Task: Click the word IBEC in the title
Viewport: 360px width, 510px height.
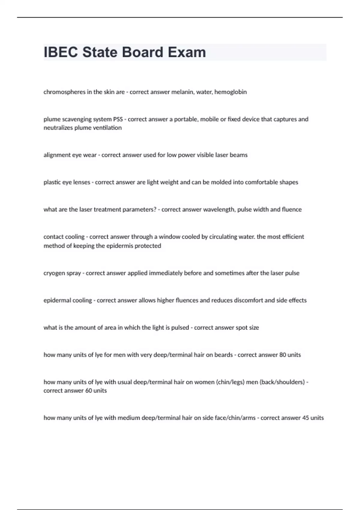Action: tap(61, 52)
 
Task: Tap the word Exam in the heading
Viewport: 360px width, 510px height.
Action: tap(187, 52)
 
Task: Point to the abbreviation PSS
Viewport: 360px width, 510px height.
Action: tap(118, 119)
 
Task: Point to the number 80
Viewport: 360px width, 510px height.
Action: tap(283, 355)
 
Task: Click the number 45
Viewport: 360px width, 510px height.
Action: tap(306, 418)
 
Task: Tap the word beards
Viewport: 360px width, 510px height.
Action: tap(223, 355)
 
